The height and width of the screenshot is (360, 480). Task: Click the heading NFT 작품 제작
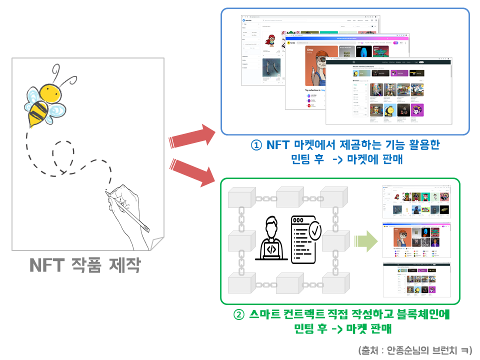(x=84, y=265)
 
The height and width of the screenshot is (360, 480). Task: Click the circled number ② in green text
(x=239, y=315)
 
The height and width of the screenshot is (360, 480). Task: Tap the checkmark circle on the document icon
(x=315, y=231)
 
